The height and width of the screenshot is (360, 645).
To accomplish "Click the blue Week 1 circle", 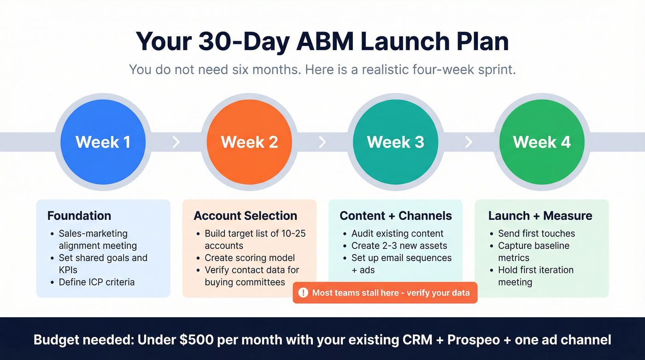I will point(103,142).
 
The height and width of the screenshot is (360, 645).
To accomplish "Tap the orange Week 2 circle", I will point(249,142).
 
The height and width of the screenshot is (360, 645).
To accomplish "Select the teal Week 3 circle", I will point(395,142).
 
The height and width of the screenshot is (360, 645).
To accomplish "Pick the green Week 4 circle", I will point(542,142).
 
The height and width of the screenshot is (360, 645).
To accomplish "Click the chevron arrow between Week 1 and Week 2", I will point(176,142).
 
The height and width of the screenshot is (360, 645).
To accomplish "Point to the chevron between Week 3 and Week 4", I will point(469,142).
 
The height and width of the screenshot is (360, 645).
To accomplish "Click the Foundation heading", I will point(79,216).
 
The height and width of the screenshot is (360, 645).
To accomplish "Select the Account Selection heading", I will point(245,216).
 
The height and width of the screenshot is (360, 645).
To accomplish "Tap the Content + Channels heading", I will point(395,216).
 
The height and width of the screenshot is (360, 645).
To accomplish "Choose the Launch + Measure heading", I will point(540,216).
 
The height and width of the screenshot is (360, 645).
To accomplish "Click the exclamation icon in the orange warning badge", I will point(303,293).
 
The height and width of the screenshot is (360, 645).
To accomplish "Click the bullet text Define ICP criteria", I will point(97,282).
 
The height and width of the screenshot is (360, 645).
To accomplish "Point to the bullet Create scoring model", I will point(250,258).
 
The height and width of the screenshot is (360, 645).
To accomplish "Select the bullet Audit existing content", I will point(397,234).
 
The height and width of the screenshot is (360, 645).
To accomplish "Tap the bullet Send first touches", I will point(536,234).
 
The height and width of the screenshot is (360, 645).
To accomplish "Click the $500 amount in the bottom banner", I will point(195,340).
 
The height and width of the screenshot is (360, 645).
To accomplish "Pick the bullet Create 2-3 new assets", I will point(399,246).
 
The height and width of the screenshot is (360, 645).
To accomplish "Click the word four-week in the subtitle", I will point(451,70).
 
